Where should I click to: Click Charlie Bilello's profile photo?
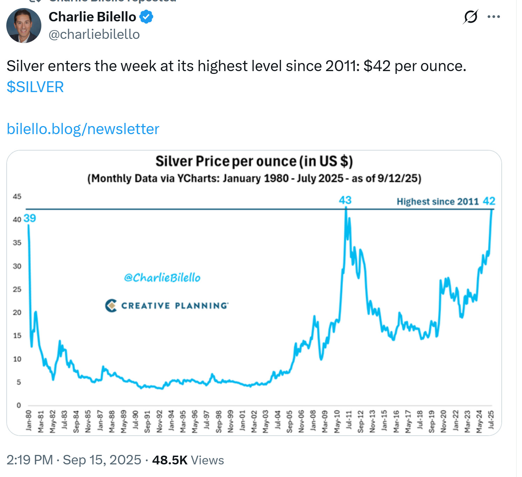coord(24,25)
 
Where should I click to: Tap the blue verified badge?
coord(146,17)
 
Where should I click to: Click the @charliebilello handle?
coord(94,34)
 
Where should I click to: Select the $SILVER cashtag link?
coord(35,87)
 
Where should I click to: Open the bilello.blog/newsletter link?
coord(83,129)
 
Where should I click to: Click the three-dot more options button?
coord(494,16)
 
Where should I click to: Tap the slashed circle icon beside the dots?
coord(471,16)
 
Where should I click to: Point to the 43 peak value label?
coord(345,200)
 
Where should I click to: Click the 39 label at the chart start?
coord(30,218)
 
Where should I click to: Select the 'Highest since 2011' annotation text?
coord(438,201)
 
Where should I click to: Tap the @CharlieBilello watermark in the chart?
coord(162,278)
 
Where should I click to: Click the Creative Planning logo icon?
coord(111,305)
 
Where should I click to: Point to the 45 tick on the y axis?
coord(17,196)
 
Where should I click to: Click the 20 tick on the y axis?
coord(17,312)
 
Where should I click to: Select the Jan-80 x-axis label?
coord(29,420)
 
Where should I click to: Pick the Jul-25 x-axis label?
coord(491,420)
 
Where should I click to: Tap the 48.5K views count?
coord(170,460)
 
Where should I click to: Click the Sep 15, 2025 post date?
coord(102,460)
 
